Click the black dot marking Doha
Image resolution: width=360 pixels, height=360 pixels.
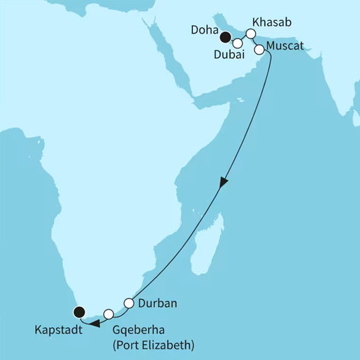coord(226,39)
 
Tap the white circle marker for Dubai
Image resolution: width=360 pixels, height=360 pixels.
coord(237,43)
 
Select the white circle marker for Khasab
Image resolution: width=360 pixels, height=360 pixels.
coord(251,33)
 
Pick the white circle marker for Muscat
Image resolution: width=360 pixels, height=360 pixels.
coord(259,50)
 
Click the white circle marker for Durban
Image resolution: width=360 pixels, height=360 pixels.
coord(129,303)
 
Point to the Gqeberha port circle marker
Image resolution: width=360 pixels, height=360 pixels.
coord(108,314)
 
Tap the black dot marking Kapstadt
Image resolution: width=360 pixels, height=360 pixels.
coord(79,312)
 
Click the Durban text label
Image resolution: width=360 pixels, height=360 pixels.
coord(157,303)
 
